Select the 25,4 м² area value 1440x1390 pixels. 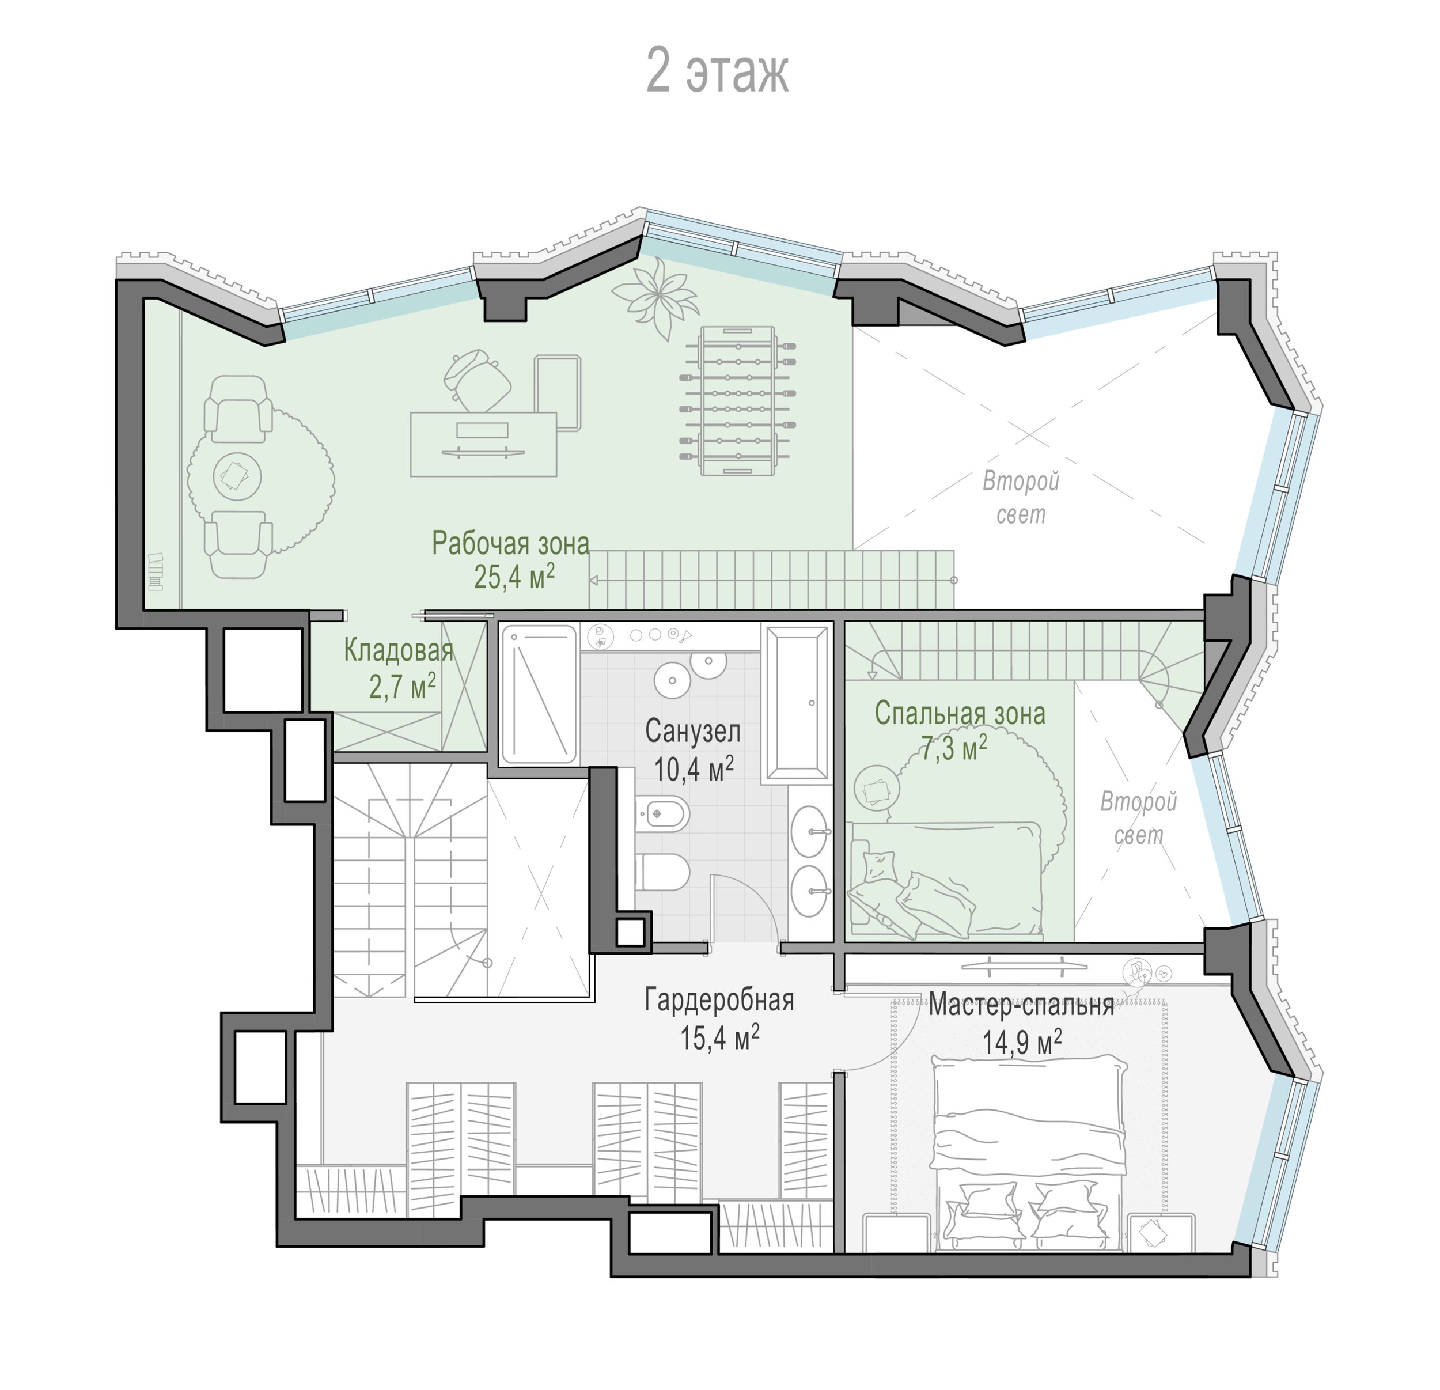coord(514,577)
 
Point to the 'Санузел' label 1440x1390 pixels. coord(693,732)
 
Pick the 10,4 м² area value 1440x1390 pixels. coord(694,768)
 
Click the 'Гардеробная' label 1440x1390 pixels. coord(719,1000)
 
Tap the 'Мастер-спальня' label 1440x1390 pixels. coord(1021,1004)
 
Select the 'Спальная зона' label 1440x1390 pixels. coord(960,713)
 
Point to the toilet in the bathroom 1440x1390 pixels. coord(662,872)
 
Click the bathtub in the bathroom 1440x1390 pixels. coord(797,702)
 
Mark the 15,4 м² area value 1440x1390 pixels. coord(719,1037)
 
